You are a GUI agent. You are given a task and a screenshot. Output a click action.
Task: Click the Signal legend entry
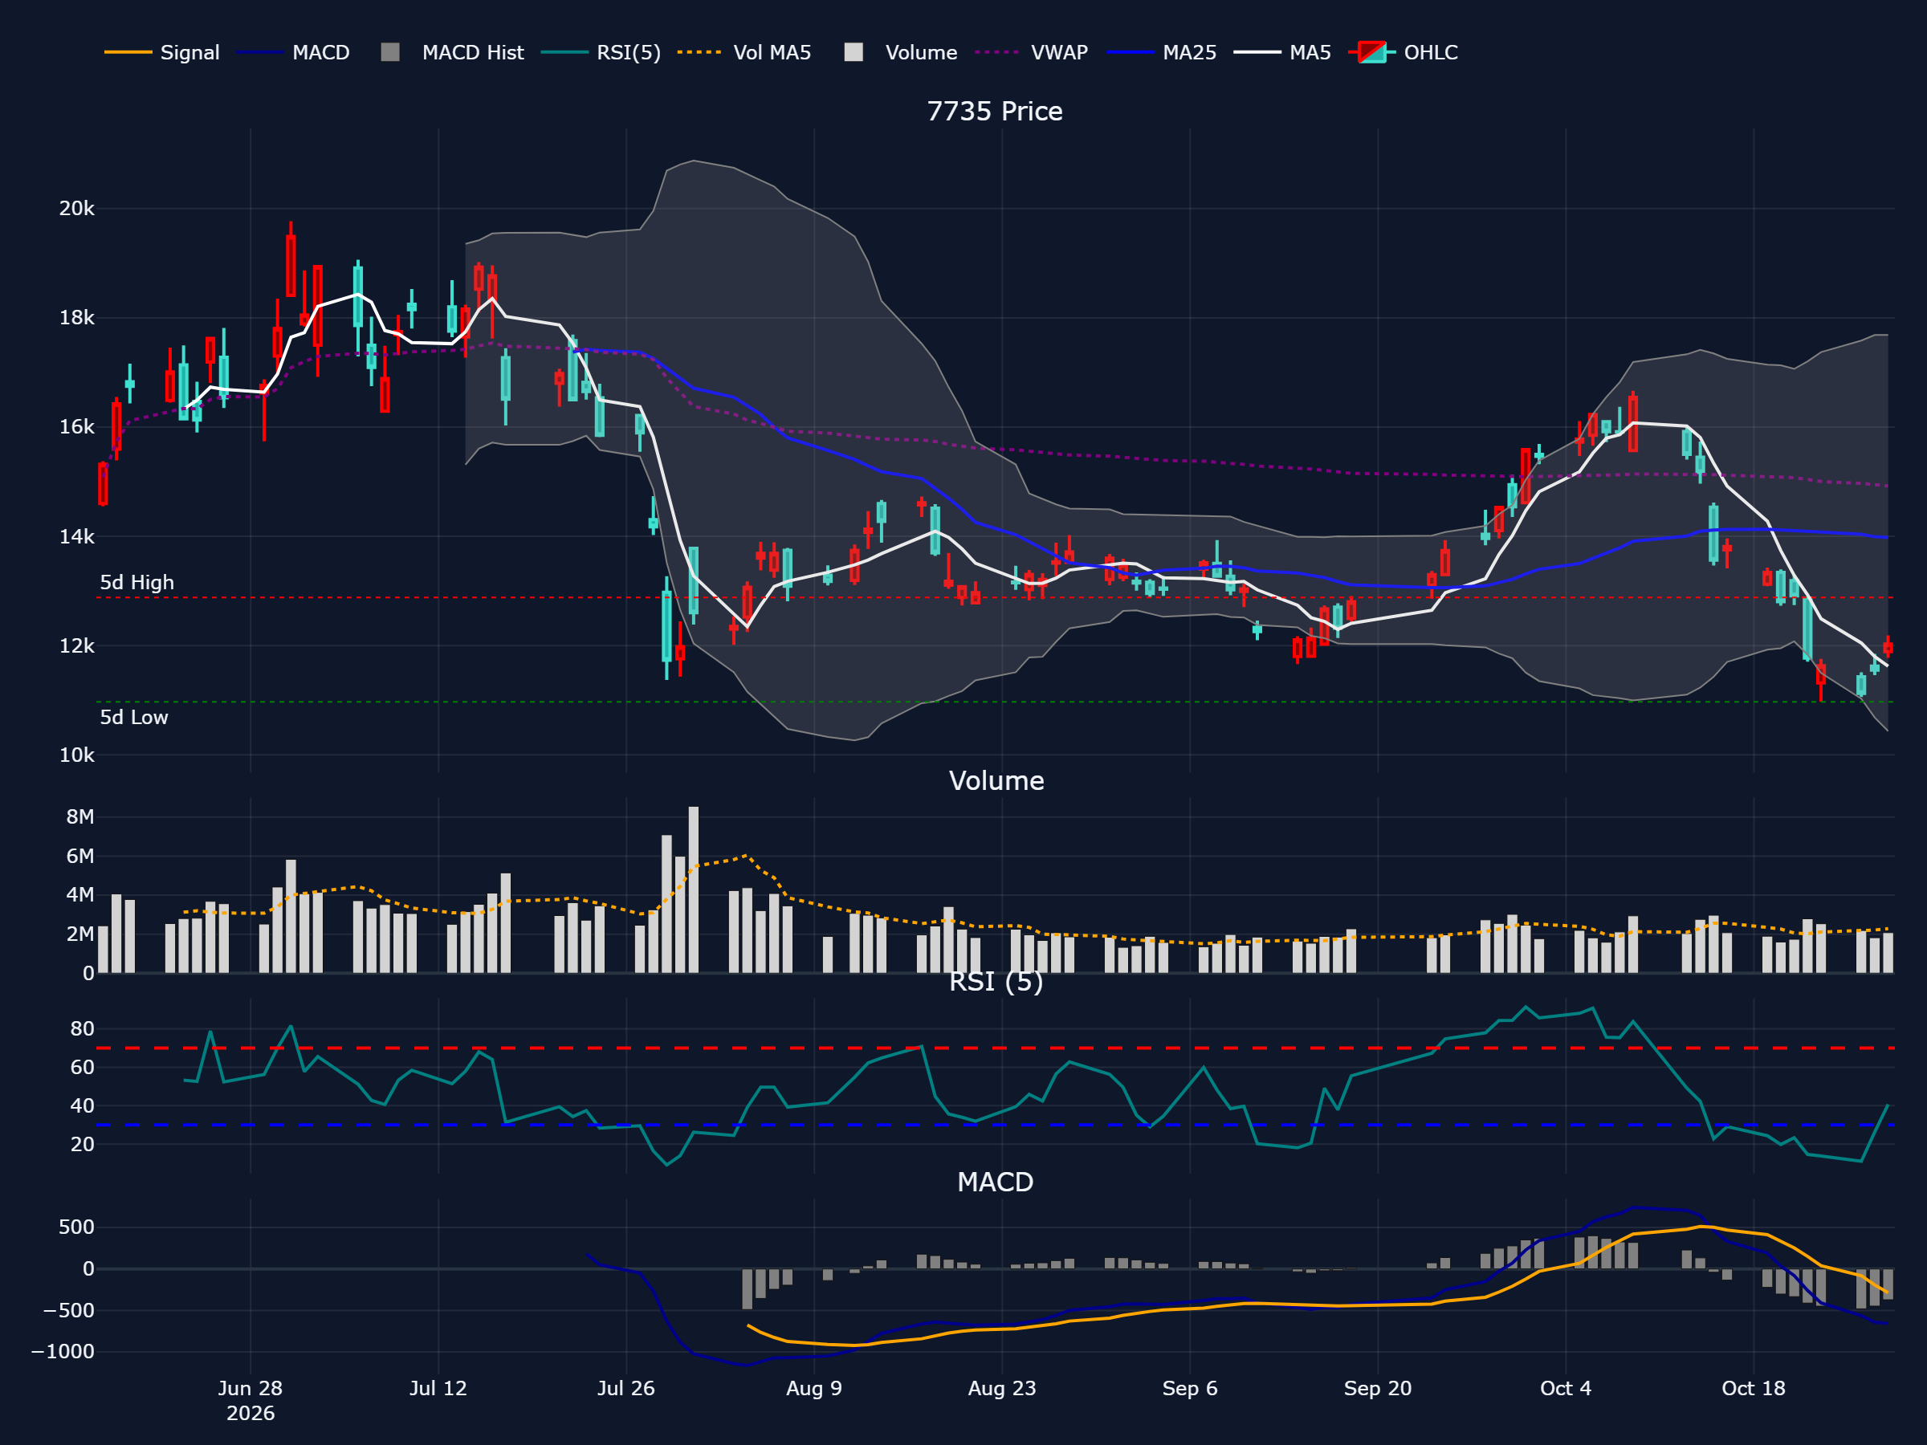point(162,52)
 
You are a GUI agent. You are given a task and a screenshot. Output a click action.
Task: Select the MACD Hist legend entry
point(452,52)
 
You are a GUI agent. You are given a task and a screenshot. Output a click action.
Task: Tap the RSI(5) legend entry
point(601,52)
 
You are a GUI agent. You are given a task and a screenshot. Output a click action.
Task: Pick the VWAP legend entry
point(1032,52)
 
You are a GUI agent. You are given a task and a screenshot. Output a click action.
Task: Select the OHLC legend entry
point(1403,52)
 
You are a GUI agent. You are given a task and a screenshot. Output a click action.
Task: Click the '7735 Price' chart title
point(995,112)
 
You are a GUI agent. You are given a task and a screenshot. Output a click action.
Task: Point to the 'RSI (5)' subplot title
point(996,982)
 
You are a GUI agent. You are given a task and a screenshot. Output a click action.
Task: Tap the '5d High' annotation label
point(136,583)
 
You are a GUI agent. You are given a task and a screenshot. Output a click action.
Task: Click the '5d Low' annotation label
point(134,718)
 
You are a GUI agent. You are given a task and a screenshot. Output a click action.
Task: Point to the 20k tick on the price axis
point(76,209)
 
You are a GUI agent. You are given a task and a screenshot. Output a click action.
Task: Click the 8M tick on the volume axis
point(80,817)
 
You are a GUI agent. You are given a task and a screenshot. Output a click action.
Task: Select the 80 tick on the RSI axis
point(82,1028)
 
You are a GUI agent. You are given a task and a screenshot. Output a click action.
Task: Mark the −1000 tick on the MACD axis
point(63,1352)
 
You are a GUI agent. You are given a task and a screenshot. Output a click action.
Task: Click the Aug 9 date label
point(813,1388)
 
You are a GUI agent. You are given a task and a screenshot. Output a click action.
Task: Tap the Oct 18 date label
point(1754,1388)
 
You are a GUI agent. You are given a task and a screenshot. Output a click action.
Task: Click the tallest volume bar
point(694,889)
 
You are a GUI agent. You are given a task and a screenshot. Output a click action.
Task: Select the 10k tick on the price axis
point(76,755)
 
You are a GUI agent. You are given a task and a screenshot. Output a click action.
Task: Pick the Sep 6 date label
point(1190,1388)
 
